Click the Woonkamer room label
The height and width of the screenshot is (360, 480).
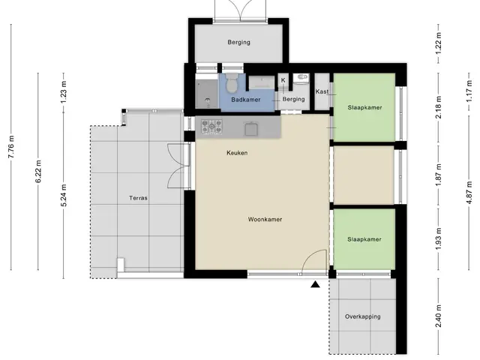tap(265, 220)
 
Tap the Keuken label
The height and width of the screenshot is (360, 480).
tap(237, 153)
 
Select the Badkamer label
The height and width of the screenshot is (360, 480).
tap(246, 100)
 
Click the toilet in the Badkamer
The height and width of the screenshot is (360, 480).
tap(232, 83)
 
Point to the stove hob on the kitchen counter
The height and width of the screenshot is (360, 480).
tap(211, 127)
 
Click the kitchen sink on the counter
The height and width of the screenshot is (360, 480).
tap(251, 129)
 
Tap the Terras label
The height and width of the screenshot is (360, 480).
tap(138, 198)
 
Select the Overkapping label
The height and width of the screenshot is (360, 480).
tap(363, 316)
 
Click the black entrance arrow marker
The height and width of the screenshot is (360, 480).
tap(315, 285)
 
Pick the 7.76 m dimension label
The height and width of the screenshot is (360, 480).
tap(11, 147)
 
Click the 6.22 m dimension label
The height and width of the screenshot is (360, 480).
tap(38, 172)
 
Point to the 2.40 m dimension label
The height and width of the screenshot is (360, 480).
tap(438, 316)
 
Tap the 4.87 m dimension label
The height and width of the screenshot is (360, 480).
tap(469, 193)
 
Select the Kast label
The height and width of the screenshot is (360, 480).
tap(322, 91)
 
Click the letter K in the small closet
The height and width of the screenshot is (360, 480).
tap(283, 80)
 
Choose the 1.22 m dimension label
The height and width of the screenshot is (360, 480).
tap(438, 43)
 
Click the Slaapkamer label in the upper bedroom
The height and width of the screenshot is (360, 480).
tap(364, 107)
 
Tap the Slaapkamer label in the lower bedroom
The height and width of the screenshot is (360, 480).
tap(364, 239)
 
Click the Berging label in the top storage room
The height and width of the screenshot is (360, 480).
tap(238, 42)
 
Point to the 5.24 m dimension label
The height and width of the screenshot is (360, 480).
tap(64, 195)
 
